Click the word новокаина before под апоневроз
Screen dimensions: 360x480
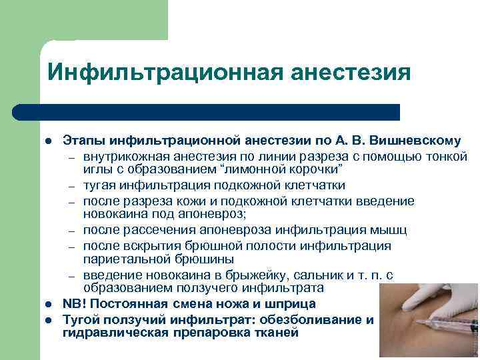click(x=112, y=214)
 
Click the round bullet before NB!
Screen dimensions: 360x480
click(x=48, y=304)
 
